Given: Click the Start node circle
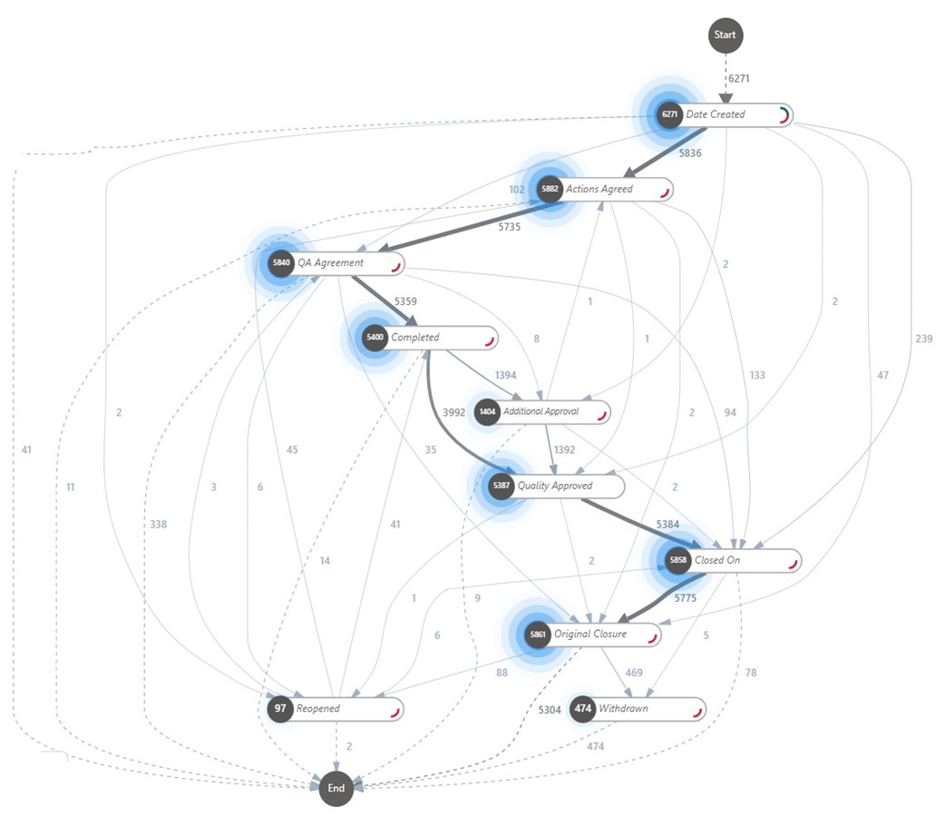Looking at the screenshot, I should tap(725, 35).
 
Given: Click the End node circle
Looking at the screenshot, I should tap(336, 788).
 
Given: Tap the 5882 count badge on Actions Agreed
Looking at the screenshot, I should tap(549, 190).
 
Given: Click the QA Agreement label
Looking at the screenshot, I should tap(330, 263).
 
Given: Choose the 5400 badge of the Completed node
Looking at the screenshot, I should tap(375, 338).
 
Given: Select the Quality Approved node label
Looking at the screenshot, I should tap(554, 487).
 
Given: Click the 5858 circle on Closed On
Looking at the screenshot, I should tap(678, 561).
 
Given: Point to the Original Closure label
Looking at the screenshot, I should tap(589, 635).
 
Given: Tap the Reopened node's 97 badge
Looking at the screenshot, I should tap(280, 709).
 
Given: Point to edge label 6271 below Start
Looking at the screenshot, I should tap(740, 79).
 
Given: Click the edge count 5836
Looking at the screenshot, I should tap(690, 153).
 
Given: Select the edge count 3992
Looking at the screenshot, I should tap(453, 412).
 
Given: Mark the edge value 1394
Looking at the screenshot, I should tap(505, 375).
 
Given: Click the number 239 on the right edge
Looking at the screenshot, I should tap(923, 339).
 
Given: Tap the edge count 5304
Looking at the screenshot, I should tap(550, 710).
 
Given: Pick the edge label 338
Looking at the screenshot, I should tap(159, 525).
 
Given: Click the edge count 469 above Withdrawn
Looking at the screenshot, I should tap(634, 673).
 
